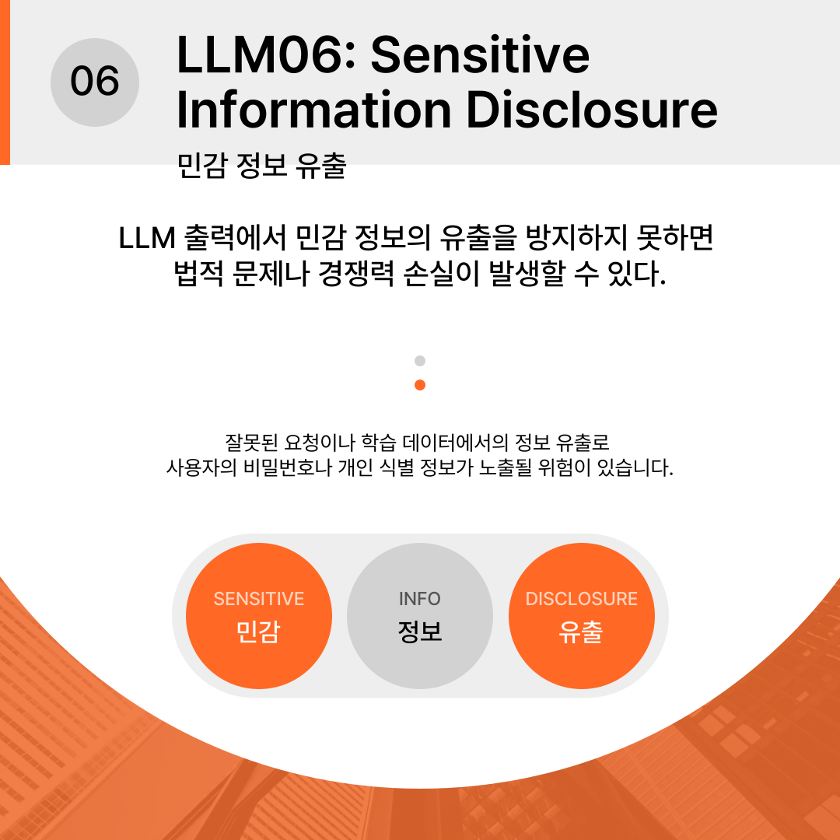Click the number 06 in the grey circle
[x=95, y=82]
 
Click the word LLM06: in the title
[x=266, y=54]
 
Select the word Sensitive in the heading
[x=480, y=54]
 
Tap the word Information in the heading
[x=314, y=110]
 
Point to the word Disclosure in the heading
[x=592, y=110]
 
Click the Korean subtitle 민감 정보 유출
[x=262, y=166]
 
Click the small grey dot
[x=420, y=361]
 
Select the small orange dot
[x=420, y=385]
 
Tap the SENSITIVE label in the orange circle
[x=259, y=598]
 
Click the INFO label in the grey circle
[x=420, y=598]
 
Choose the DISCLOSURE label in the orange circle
[x=581, y=598]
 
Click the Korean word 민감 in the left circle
[x=259, y=632]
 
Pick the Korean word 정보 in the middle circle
[x=420, y=632]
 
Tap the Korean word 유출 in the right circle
[x=581, y=632]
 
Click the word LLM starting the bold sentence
[x=147, y=238]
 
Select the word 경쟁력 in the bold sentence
[x=356, y=274]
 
